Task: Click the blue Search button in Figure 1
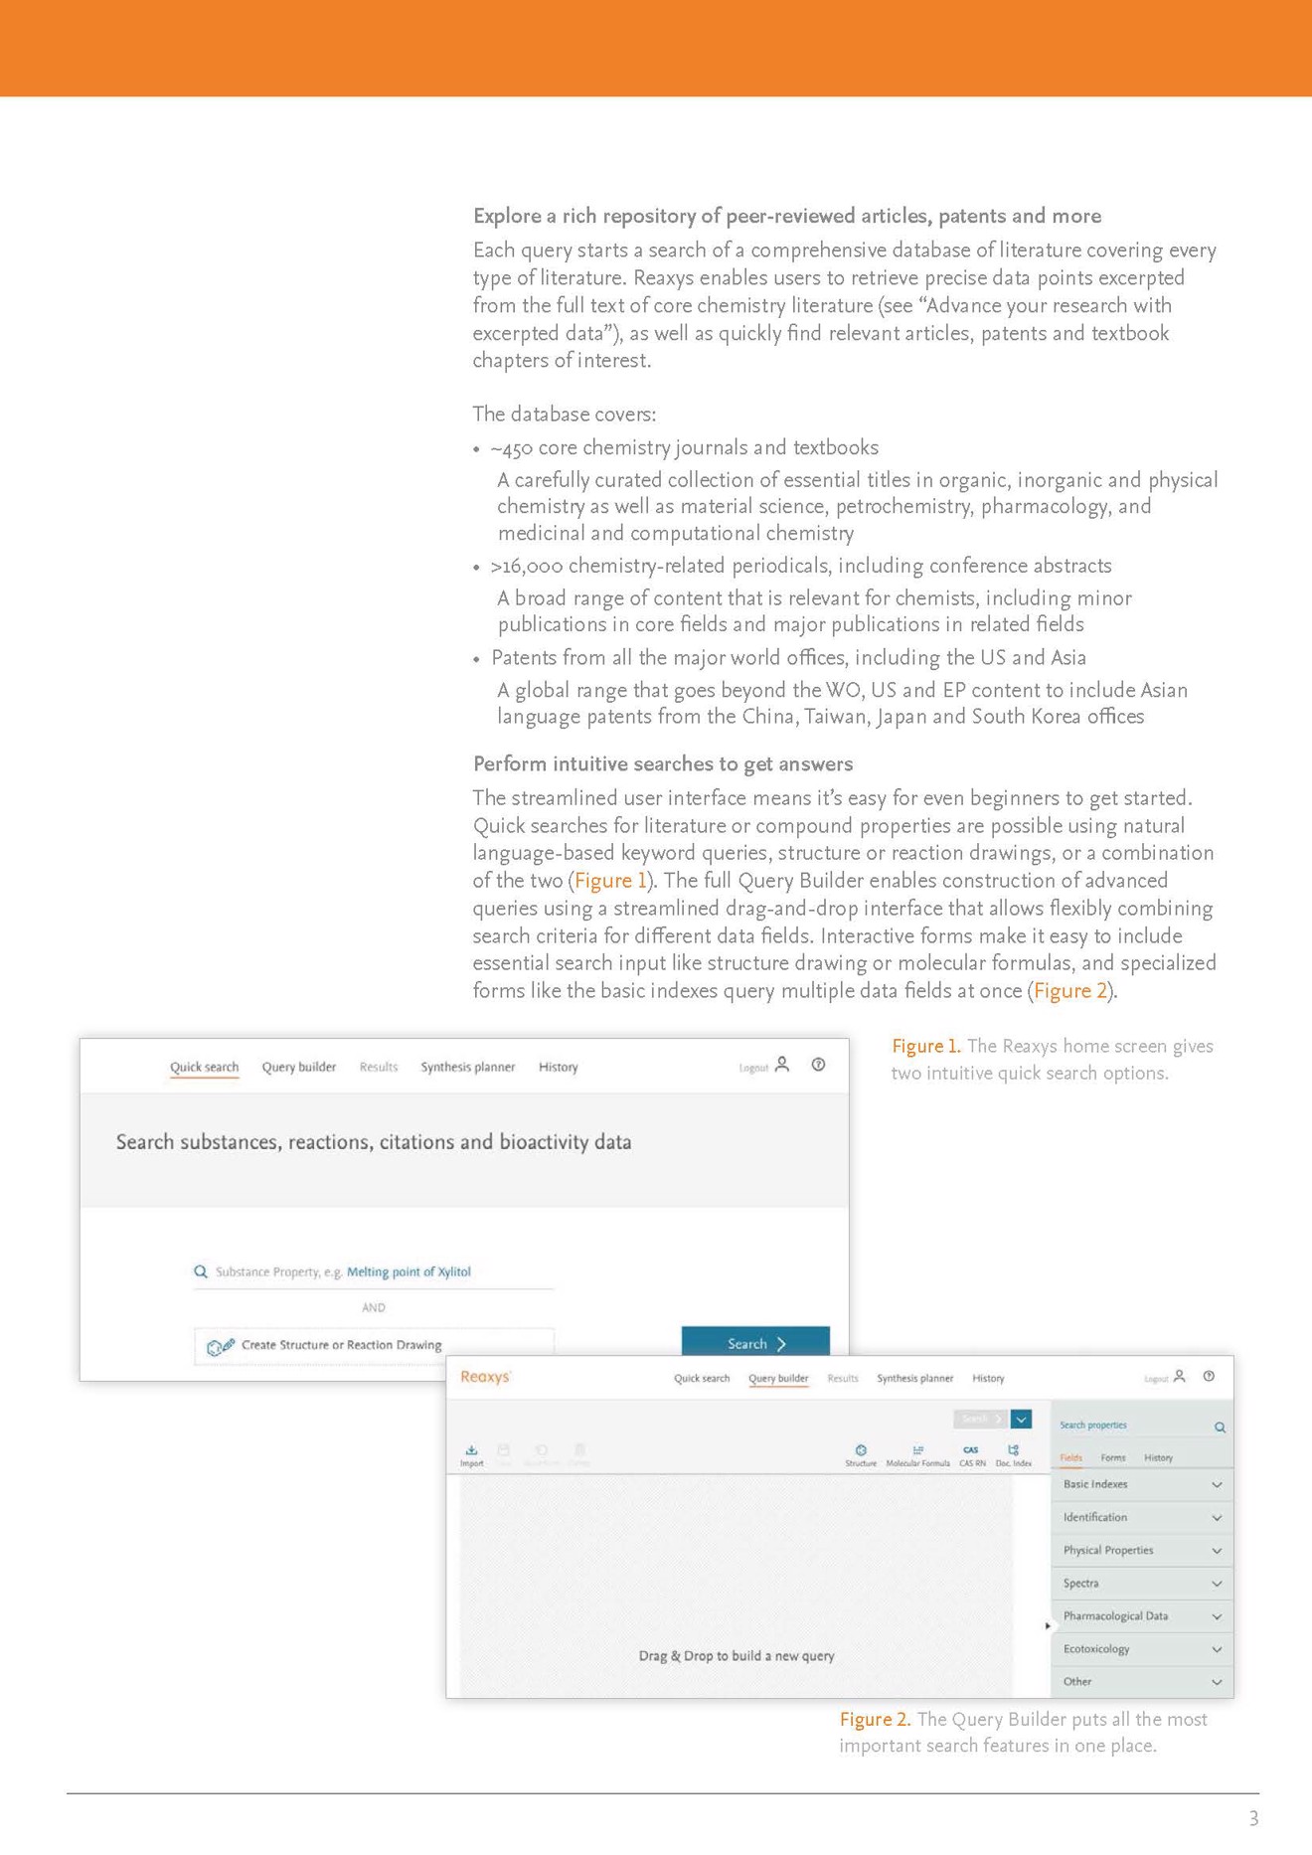click(755, 1343)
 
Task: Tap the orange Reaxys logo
click(486, 1377)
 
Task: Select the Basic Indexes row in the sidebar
click(1141, 1484)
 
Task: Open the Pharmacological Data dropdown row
click(1141, 1616)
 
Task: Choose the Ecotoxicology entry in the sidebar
click(1141, 1649)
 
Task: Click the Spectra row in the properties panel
click(1141, 1584)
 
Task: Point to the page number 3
click(1253, 1818)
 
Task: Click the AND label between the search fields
click(374, 1307)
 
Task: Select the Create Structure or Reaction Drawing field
click(342, 1345)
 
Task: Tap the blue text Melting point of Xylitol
click(409, 1271)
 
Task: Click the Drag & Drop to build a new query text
click(737, 1656)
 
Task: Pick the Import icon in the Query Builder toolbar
click(472, 1454)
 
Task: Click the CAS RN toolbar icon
click(972, 1454)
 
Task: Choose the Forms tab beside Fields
click(1113, 1457)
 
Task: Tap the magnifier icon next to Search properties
click(1220, 1428)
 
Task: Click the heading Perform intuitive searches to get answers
click(663, 763)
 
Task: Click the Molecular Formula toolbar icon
click(917, 1454)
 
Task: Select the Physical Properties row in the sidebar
click(1141, 1550)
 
